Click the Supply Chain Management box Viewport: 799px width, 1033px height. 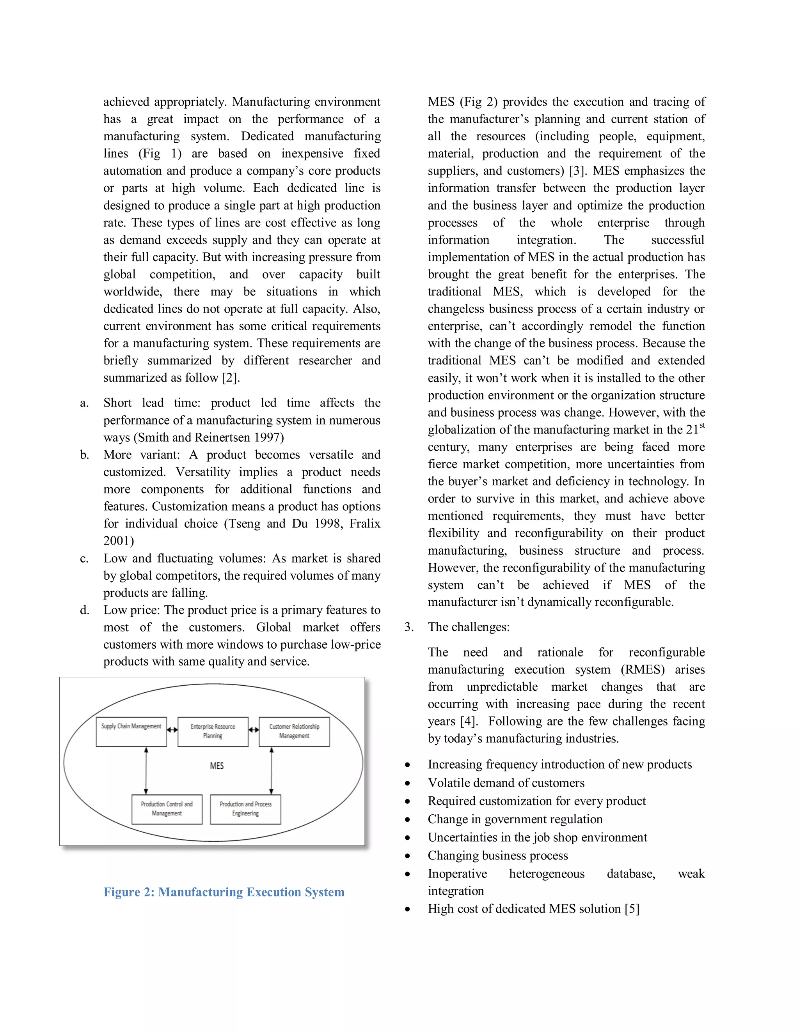(x=131, y=732)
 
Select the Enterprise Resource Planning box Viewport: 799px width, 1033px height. (x=213, y=732)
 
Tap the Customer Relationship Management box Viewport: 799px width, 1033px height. (x=294, y=732)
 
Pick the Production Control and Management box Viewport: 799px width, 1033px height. (x=167, y=809)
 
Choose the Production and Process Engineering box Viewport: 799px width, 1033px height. (x=245, y=809)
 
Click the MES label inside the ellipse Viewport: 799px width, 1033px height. (x=217, y=766)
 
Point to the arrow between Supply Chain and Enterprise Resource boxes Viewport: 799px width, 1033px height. (x=172, y=730)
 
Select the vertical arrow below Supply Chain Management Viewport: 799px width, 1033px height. (x=146, y=771)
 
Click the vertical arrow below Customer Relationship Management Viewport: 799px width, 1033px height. (x=271, y=771)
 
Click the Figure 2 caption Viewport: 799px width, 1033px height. (x=224, y=892)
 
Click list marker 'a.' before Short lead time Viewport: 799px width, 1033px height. (x=84, y=403)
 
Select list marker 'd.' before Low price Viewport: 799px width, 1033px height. (x=84, y=610)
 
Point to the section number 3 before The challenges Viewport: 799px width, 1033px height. (x=408, y=627)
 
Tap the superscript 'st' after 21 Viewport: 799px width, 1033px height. (x=702, y=426)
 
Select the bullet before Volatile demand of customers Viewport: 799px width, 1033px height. (x=408, y=783)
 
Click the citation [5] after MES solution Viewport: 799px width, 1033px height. (x=632, y=909)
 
